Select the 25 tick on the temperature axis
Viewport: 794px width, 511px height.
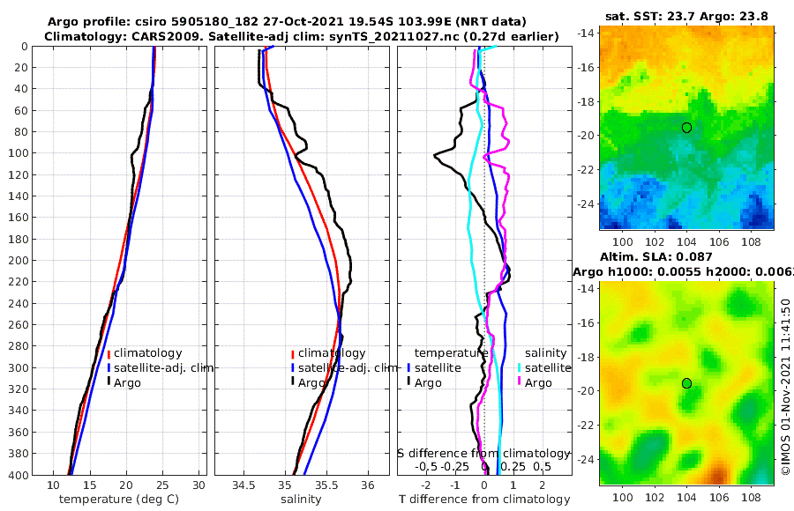coord(162,485)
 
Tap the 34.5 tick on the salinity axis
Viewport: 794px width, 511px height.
coord(243,485)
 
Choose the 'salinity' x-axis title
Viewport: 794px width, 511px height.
coord(301,500)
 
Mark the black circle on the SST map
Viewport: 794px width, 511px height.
coord(686,128)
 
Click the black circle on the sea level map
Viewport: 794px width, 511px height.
coord(686,383)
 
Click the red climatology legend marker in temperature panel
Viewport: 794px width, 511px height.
coord(109,353)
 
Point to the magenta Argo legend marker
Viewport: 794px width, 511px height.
coord(519,382)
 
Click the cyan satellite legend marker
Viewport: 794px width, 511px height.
coord(519,367)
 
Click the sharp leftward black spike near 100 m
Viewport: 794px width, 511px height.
coord(435,156)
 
